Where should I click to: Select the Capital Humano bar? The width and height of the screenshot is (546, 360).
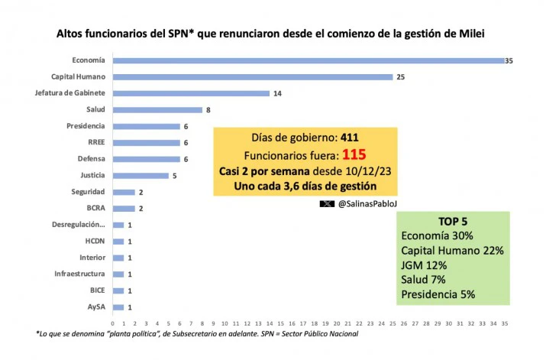[252, 76]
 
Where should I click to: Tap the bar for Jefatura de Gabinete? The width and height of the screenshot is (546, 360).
[191, 93]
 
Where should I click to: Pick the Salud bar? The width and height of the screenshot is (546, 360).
[157, 109]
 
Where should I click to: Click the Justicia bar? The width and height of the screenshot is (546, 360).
[141, 175]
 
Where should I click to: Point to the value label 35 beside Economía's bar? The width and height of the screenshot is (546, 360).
[509, 60]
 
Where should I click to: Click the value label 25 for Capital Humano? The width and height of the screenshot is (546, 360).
[400, 76]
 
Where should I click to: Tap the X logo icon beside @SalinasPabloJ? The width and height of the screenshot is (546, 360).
[327, 205]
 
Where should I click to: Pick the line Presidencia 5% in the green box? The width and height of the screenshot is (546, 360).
[449, 294]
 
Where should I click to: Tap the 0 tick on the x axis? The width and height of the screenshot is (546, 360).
[112, 323]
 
